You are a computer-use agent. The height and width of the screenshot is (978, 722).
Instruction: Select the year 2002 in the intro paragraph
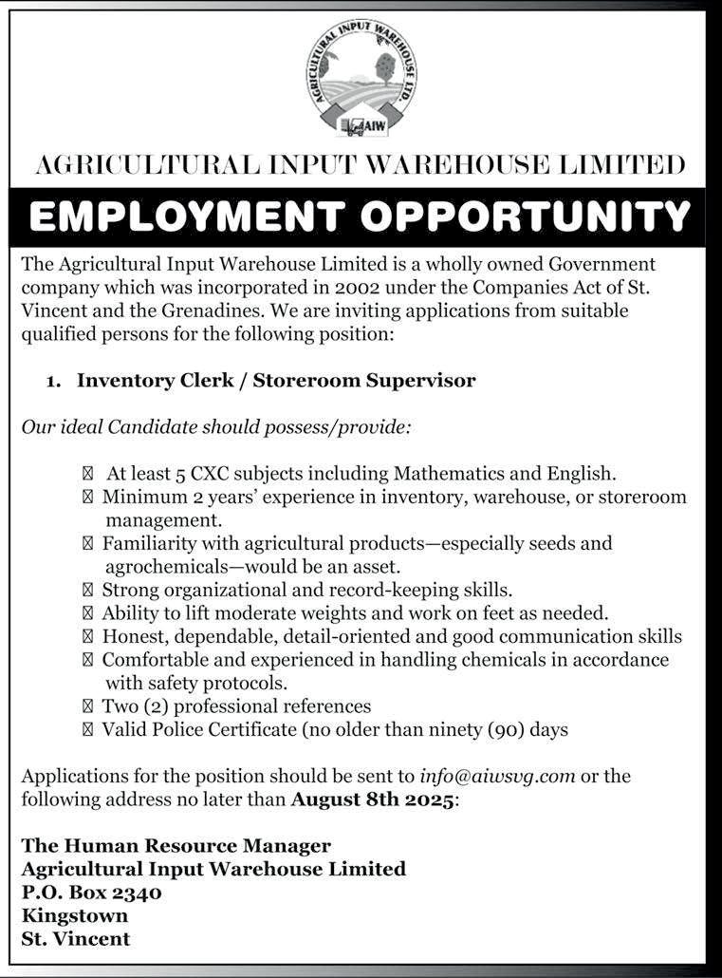(x=353, y=287)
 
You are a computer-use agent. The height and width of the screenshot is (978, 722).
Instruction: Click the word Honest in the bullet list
(x=133, y=636)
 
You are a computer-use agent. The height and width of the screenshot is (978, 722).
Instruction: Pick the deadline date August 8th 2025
(x=374, y=799)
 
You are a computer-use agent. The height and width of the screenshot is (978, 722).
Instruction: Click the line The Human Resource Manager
(x=176, y=845)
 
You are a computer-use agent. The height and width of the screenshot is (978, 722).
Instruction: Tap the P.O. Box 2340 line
(x=91, y=893)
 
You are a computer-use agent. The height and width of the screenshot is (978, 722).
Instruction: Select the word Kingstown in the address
(x=74, y=916)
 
